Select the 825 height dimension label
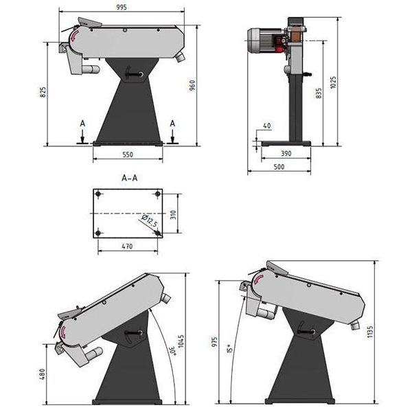tap(43, 91)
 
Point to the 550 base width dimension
tap(128, 155)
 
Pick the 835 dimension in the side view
tap(317, 94)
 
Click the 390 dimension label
tap(286, 154)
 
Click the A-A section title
tap(129, 178)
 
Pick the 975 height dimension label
tap(214, 343)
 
